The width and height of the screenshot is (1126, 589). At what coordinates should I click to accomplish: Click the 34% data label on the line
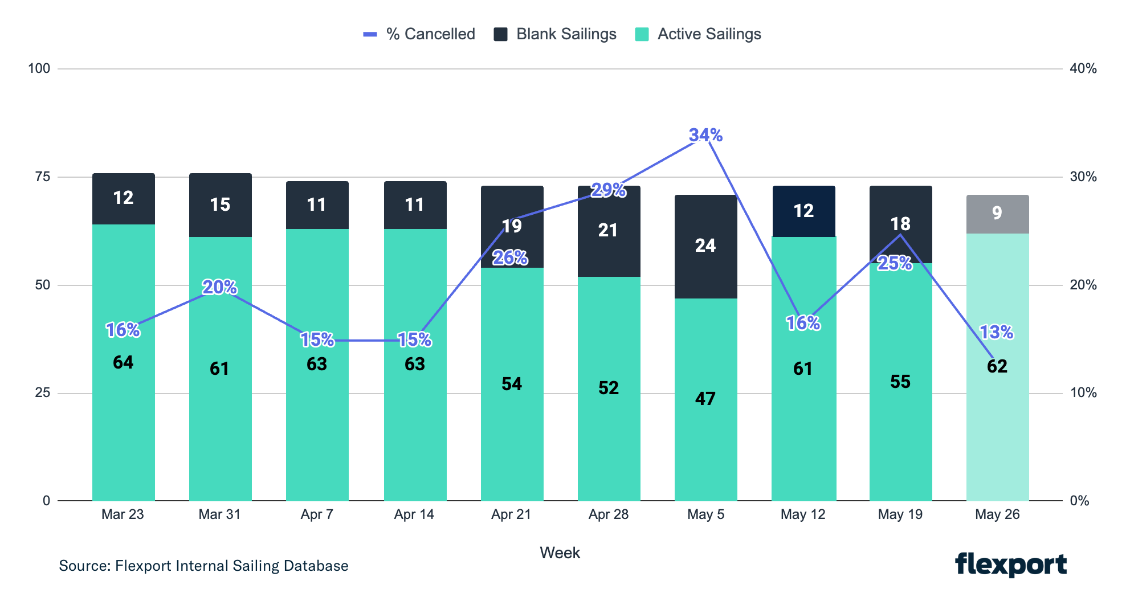705,135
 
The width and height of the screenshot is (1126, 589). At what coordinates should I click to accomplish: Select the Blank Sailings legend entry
556,34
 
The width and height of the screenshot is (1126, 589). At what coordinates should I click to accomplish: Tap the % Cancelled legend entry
419,34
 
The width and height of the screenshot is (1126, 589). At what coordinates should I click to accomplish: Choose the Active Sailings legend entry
699,34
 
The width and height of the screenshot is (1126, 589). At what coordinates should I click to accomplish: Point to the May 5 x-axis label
705,514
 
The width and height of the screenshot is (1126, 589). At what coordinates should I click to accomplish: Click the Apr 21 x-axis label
511,514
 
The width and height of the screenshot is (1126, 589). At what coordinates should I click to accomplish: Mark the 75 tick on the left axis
43,177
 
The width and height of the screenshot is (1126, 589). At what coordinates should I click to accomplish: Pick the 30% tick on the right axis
1083,177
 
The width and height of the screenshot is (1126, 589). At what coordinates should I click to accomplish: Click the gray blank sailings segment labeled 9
997,214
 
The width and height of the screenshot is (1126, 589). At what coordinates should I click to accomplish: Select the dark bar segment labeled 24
705,246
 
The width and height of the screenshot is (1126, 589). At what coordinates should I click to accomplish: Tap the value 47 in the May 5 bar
705,399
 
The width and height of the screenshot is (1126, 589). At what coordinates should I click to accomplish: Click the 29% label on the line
608,190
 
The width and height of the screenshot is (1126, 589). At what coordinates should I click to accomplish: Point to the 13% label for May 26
996,332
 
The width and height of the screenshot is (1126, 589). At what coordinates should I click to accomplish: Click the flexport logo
1010,565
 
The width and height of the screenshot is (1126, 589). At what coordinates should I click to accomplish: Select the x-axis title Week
560,553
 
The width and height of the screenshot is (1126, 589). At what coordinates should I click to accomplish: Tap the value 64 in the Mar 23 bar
123,362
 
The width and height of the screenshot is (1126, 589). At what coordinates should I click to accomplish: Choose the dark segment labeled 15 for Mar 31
220,204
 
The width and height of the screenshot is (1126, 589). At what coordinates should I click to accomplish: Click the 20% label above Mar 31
219,287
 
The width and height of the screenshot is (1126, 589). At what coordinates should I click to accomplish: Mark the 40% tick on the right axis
1083,68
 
